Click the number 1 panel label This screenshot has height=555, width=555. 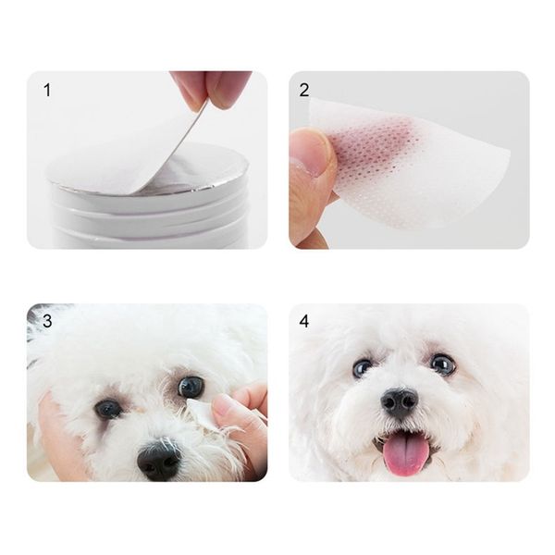tap(47, 91)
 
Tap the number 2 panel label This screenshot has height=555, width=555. tap(304, 90)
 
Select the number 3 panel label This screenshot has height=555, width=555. tap(47, 321)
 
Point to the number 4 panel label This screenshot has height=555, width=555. tap(304, 322)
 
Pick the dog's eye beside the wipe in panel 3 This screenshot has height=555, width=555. tap(191, 387)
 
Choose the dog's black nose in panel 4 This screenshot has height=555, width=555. tap(401, 402)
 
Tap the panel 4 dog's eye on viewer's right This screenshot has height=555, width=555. tap(442, 364)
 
